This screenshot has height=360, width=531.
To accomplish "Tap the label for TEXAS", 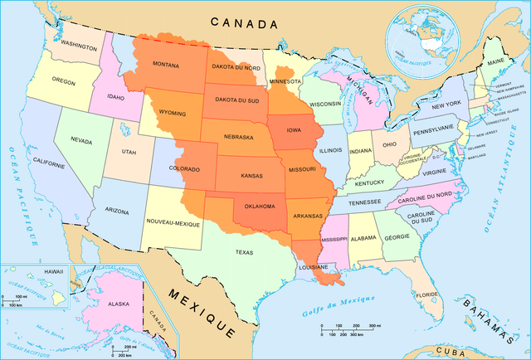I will pos(245,252).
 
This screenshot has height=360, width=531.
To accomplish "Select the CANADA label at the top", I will pos(242,22).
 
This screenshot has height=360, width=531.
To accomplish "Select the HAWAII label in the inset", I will pos(31,272).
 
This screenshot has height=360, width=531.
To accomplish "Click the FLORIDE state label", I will pos(427,294).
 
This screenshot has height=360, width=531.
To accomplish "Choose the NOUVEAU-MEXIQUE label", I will pos(173,223).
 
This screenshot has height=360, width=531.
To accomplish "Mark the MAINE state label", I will pos(497,62).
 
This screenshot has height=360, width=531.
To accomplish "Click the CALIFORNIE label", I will pos(49,164).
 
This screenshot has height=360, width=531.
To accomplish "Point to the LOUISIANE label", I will pos(314,269).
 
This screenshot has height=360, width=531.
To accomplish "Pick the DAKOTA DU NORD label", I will pos(238,68).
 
